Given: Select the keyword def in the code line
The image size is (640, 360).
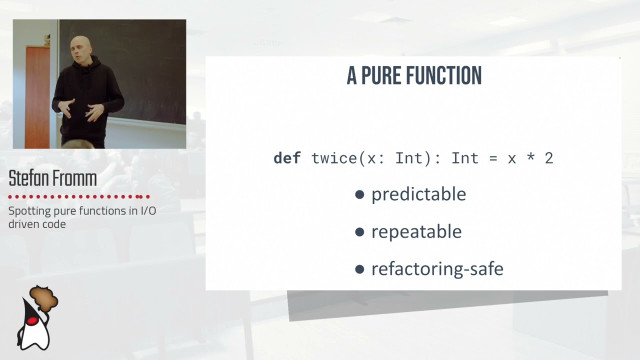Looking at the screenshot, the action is point(287,158).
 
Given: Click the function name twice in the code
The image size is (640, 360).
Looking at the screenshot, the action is point(334,158).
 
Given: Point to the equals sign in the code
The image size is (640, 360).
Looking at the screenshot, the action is point(493,159).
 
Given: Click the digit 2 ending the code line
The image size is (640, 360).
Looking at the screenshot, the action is point(549,158).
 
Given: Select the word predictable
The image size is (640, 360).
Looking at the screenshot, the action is point(418,194).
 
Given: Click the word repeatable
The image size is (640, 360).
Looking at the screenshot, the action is point(416,232).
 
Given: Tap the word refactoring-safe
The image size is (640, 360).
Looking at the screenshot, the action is point(437,269).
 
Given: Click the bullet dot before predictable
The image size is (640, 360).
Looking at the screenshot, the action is point(359,194).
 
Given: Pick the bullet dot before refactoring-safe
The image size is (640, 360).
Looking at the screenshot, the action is point(359,269).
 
